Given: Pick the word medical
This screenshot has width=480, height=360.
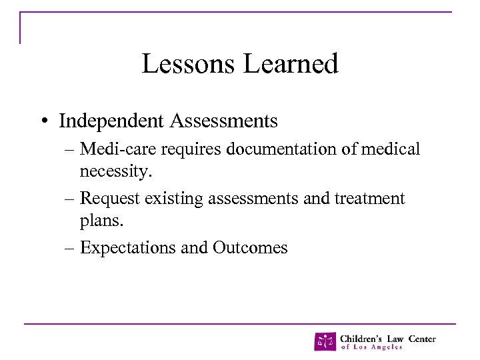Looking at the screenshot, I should [393, 149].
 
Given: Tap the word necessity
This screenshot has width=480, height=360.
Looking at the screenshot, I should [116, 173].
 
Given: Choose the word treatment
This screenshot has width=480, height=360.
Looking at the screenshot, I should [370, 199].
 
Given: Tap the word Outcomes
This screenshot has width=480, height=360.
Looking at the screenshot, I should [250, 248].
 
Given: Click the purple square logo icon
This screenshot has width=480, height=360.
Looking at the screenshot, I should [325, 341].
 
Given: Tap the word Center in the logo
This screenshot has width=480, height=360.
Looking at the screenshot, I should [422, 338].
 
